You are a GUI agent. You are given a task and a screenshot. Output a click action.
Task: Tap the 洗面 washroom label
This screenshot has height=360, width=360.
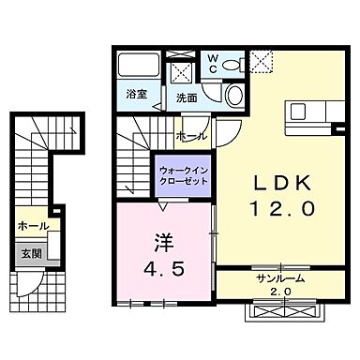[x=186, y=97]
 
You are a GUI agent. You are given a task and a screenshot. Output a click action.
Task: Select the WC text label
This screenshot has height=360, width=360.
[x=212, y=62]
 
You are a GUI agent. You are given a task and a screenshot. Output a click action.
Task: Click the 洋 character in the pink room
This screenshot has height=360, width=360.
[x=162, y=243]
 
